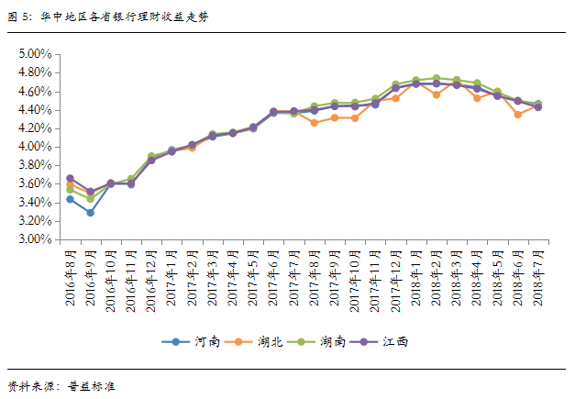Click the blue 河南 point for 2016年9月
(90, 213)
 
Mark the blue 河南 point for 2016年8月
(70, 199)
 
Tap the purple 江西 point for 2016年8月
(70, 179)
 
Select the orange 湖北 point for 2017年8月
(315, 122)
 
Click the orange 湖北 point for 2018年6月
(518, 115)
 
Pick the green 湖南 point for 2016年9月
(90, 199)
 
